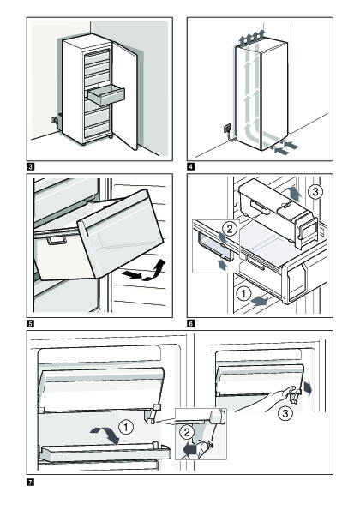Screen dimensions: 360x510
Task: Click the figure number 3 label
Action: pyautogui.click(x=30, y=167)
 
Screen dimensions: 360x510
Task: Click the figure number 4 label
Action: pyautogui.click(x=190, y=167)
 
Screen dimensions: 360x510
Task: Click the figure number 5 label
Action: pyautogui.click(x=30, y=323)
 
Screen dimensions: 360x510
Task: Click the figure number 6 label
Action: pyautogui.click(x=190, y=323)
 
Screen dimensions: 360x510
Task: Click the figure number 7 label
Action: pyautogui.click(x=30, y=482)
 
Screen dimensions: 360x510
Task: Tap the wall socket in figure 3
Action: pyautogui.click(x=54, y=120)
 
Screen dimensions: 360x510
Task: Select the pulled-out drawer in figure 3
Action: pyautogui.click(x=106, y=95)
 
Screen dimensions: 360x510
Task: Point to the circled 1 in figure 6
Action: pyautogui.click(x=243, y=294)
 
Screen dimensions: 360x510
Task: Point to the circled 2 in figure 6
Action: pyautogui.click(x=230, y=229)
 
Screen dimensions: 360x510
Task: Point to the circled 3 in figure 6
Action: pyautogui.click(x=315, y=192)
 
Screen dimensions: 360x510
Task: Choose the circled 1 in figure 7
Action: pyautogui.click(x=126, y=427)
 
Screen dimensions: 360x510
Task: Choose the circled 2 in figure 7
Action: pyautogui.click(x=187, y=432)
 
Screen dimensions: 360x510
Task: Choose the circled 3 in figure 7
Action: pyautogui.click(x=285, y=413)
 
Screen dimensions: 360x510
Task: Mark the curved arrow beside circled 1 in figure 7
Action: pyautogui.click(x=105, y=435)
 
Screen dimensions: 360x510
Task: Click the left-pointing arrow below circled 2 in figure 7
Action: pyautogui.click(x=189, y=449)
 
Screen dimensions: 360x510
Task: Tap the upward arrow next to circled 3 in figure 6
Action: pyautogui.click(x=295, y=193)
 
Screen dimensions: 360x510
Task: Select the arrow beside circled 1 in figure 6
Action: pyautogui.click(x=260, y=301)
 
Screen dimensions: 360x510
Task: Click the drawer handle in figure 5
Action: pyautogui.click(x=57, y=240)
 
